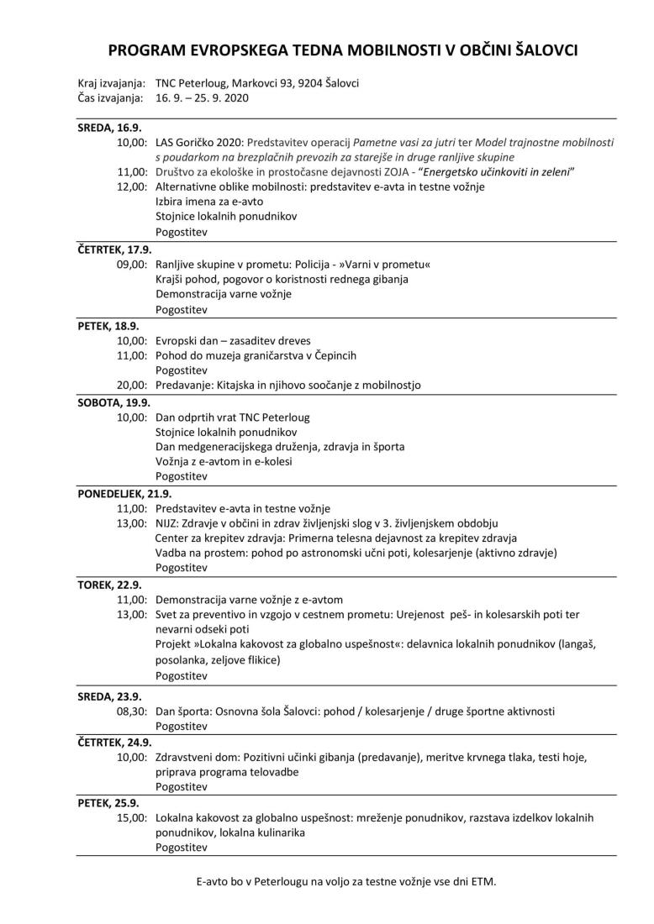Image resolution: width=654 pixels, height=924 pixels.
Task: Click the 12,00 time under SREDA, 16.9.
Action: pyautogui.click(x=133, y=186)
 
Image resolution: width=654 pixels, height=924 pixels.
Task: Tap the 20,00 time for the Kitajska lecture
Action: pyautogui.click(x=133, y=385)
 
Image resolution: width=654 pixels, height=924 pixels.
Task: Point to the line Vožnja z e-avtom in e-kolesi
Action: pyautogui.click(x=224, y=461)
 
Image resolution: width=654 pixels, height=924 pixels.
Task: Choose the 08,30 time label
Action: pyautogui.click(x=133, y=711)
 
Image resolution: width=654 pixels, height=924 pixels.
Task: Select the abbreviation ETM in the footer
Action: pyautogui.click(x=481, y=881)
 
